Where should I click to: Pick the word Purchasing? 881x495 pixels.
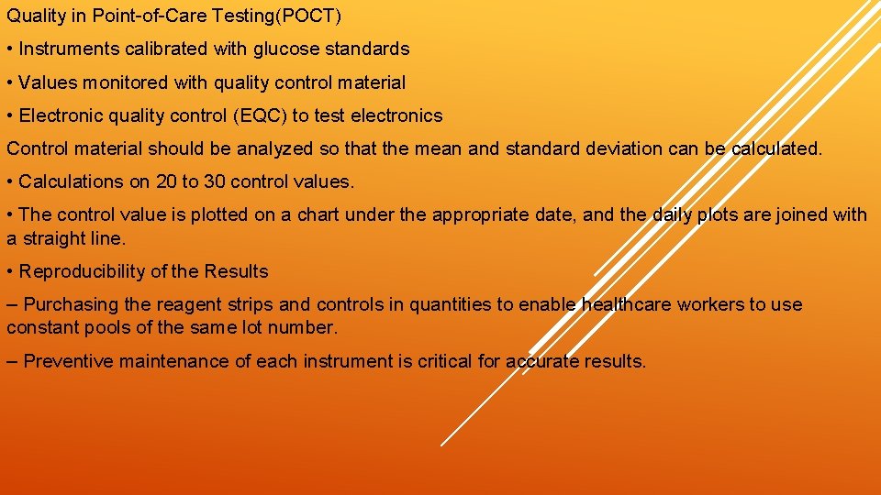coord(65,304)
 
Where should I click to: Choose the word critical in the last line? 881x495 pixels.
coord(445,361)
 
